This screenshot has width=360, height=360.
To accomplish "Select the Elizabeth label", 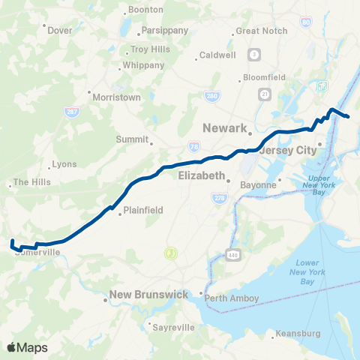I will [x=201, y=175].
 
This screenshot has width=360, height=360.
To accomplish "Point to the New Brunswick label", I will [x=148, y=295].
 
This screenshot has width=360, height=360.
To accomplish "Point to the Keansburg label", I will [x=298, y=333].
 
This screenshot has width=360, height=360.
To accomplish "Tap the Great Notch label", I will [x=257, y=31].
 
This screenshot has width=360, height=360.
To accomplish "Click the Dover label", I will [x=59, y=31].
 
